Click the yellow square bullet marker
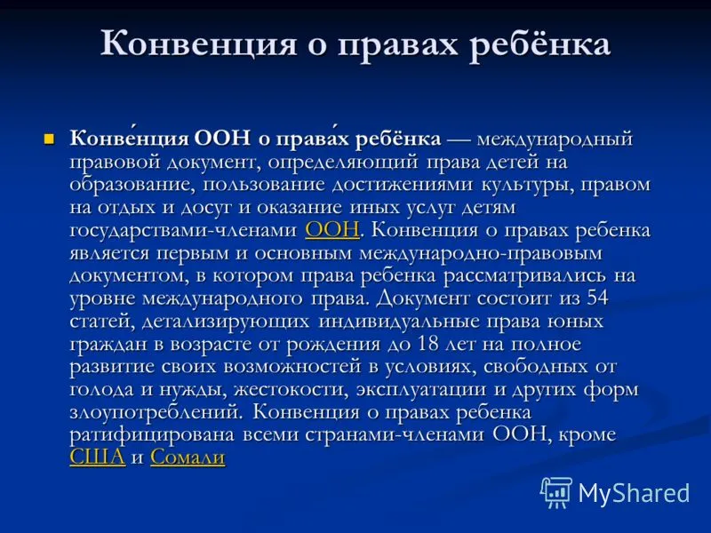[x=49, y=139]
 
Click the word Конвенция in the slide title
[x=198, y=44]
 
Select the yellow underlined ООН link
[x=332, y=230]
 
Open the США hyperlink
[x=98, y=457]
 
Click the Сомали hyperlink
[x=188, y=457]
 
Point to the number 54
[x=597, y=298]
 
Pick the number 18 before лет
[x=428, y=344]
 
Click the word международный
[x=555, y=139]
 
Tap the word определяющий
[x=342, y=163]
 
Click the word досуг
[x=206, y=208]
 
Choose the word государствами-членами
[x=184, y=230]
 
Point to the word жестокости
[x=291, y=390]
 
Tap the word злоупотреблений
[x=155, y=412]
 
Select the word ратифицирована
[x=152, y=435]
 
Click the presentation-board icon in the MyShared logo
[x=556, y=492]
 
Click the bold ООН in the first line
[x=222, y=139]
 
